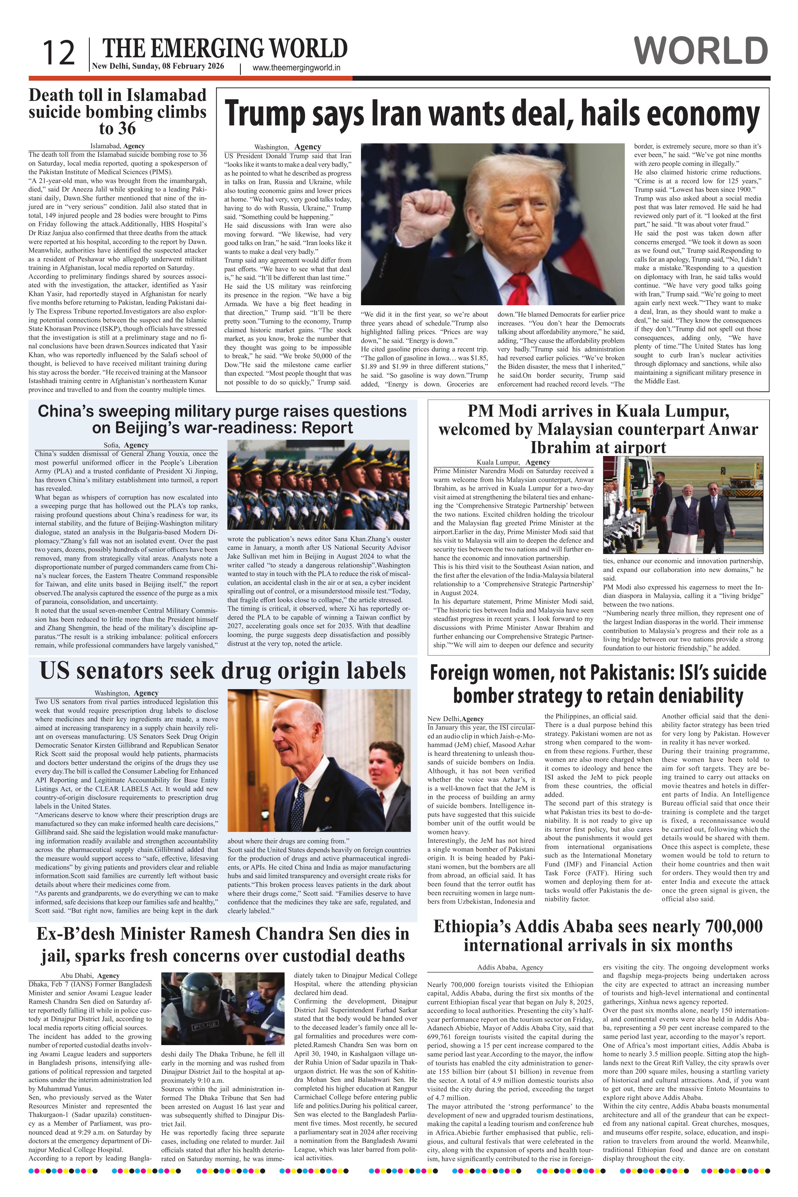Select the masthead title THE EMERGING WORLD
[x=225, y=49]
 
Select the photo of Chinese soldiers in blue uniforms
[x=318, y=486]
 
